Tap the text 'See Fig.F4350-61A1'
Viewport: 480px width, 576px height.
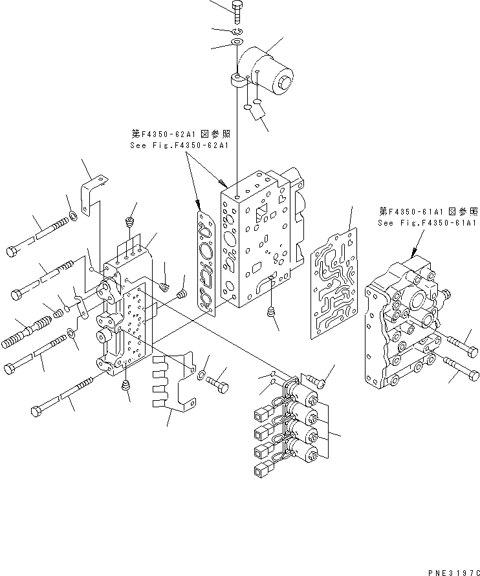coord(427,223)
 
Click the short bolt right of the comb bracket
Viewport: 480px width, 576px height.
coord(218,382)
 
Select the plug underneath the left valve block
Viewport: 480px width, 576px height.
coord(127,388)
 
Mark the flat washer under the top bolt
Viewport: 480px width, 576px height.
coord(236,43)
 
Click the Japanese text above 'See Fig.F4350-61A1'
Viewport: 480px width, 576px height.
coord(428,211)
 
